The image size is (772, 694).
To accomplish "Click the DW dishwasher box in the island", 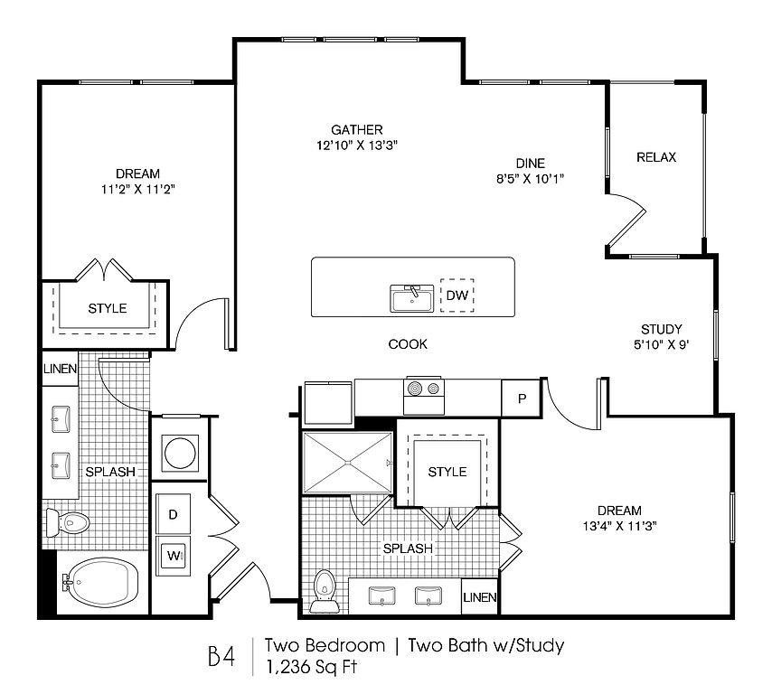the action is tap(457, 295).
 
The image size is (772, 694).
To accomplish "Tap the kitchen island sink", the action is tap(412, 298).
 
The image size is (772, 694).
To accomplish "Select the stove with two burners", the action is tap(424, 396).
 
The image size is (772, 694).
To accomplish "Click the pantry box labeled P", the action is tap(522, 399).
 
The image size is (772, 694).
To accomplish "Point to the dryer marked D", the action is tap(173, 514).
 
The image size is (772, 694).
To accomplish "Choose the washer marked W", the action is tap(173, 556).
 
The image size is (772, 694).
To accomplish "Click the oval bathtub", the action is tap(102, 583).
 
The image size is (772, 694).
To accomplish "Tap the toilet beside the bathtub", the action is tap(68, 522).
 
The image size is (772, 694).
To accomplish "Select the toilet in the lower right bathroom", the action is tap(324, 591).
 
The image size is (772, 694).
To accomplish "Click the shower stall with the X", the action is tap(348, 462).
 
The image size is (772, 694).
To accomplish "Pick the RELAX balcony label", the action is tap(656, 157).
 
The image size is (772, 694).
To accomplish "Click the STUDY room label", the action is tap(661, 329).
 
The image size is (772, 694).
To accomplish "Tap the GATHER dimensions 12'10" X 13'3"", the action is tap(357, 145).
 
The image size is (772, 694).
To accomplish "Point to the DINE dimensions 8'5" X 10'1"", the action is tap(530, 178).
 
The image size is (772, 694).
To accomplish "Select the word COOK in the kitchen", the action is tap(408, 344).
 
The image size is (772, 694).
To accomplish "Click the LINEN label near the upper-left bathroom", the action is tap(60, 369).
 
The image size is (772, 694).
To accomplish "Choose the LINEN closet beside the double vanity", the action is tap(479, 597).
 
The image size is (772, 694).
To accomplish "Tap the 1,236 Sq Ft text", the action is tap(311, 667).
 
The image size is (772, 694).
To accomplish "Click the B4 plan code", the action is tap(221, 656).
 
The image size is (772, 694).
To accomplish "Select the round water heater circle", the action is tap(180, 453).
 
